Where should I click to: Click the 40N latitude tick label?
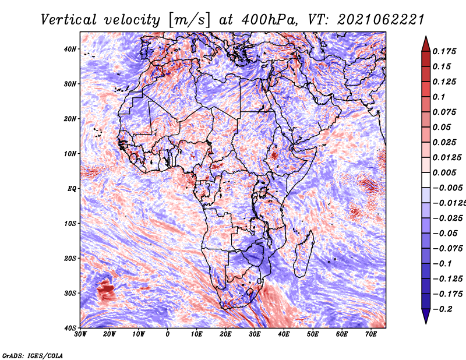tap(70, 49)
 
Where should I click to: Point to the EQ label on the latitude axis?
tap(72, 189)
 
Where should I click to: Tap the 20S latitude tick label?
tap(70, 258)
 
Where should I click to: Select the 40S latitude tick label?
tap(70, 328)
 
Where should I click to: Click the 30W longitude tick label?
tap(80, 334)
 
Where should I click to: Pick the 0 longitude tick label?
tap(168, 334)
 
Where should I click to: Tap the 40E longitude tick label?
tap(284, 334)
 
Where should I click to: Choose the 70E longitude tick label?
tap(371, 334)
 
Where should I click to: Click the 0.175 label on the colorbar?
tap(444, 51)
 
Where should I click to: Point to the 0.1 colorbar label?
tap(439, 97)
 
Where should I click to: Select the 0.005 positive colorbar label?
tap(444, 172)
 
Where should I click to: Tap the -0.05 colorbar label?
tap(445, 234)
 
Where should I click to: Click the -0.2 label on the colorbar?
tap(442, 309)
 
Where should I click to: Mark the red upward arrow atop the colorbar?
tap(426, 44)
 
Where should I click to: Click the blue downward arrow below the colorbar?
tap(426, 316)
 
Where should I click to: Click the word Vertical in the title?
tap(69, 20)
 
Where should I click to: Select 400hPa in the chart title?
tap(270, 20)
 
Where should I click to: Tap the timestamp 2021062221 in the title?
tap(381, 20)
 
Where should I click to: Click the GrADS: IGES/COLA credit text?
tap(33, 356)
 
